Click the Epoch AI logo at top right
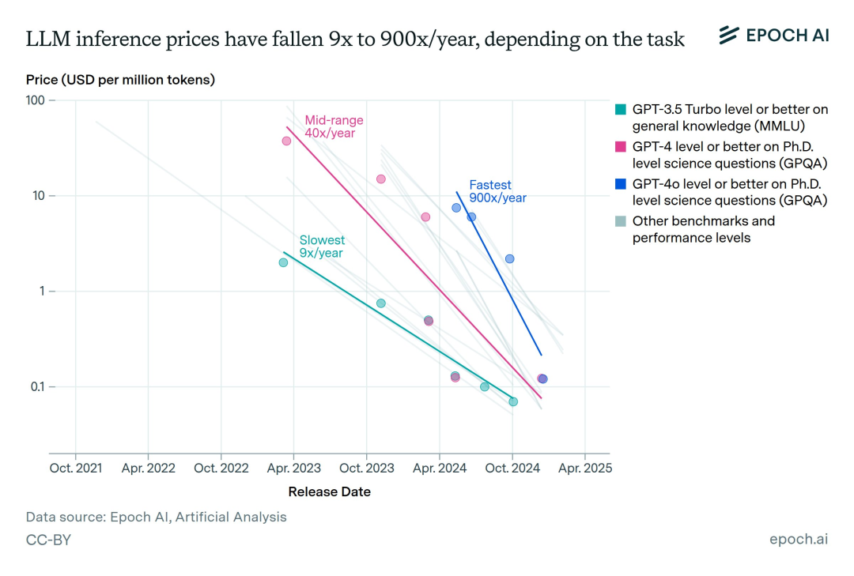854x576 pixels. coord(773,36)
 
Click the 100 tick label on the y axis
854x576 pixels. coord(35,100)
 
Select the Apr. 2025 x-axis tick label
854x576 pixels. coord(584,468)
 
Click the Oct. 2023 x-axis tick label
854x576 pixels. coord(366,468)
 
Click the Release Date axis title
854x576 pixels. coord(329,491)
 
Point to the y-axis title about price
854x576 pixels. coord(120,80)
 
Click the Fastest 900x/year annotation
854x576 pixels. coord(497,191)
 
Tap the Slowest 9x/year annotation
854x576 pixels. coord(322,247)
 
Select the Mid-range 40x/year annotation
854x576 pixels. coord(334,126)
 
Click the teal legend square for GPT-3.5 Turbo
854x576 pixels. coord(621,110)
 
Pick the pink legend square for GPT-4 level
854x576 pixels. coord(621,147)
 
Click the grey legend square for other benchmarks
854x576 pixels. coord(621,221)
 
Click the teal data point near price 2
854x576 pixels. coord(283,262)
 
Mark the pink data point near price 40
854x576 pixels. coord(286,141)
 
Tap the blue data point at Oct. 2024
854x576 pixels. coord(510,258)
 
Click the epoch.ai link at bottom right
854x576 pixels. coord(799,539)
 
